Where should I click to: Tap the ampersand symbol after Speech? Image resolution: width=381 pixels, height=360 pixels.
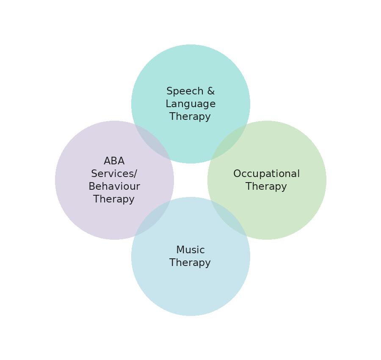point(210,91)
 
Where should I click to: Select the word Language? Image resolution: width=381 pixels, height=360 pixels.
point(190,104)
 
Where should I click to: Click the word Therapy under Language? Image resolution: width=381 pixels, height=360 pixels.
point(190,117)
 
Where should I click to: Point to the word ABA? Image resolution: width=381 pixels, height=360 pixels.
point(114,161)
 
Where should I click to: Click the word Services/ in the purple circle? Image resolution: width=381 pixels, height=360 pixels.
point(114,174)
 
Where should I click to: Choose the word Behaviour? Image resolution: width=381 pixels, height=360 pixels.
point(114,187)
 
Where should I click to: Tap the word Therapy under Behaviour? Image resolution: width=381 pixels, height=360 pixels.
point(114,199)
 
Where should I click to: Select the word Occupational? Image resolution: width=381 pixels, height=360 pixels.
point(266,174)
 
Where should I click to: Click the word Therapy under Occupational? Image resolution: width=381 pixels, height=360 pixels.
point(266,187)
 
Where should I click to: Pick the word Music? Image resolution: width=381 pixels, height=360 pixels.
point(190,250)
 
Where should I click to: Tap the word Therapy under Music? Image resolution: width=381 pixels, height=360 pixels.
point(190,263)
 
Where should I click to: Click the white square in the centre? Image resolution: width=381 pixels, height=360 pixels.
point(190,180)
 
